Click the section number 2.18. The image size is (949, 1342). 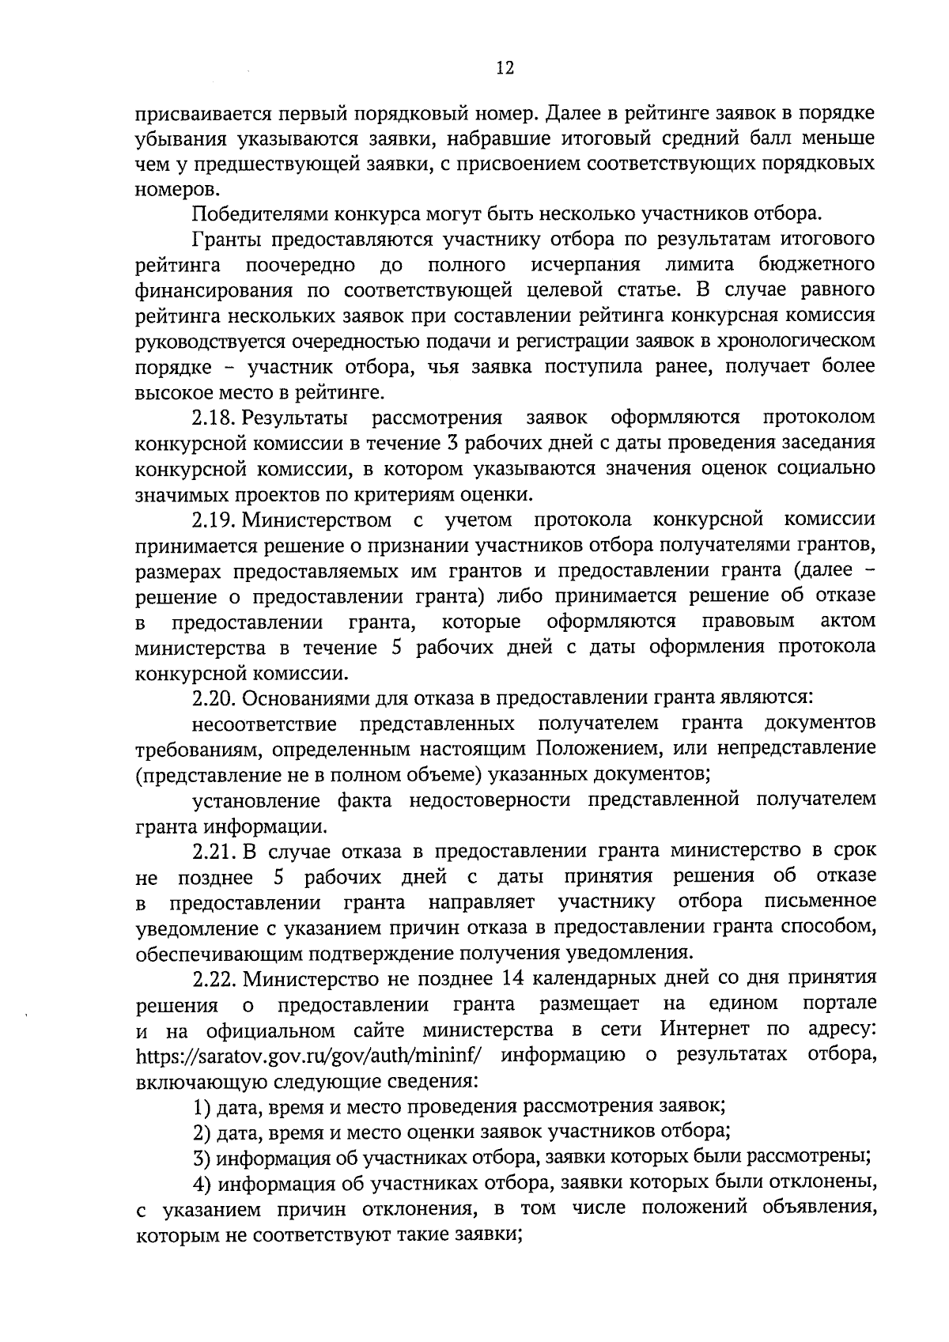tap(214, 417)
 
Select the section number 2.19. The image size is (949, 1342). tap(214, 520)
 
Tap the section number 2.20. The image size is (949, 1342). tap(215, 698)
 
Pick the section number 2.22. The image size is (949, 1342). tap(215, 979)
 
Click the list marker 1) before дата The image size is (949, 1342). tap(203, 1106)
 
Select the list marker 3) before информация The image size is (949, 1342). tap(203, 1158)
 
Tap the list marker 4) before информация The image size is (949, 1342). tap(203, 1184)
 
